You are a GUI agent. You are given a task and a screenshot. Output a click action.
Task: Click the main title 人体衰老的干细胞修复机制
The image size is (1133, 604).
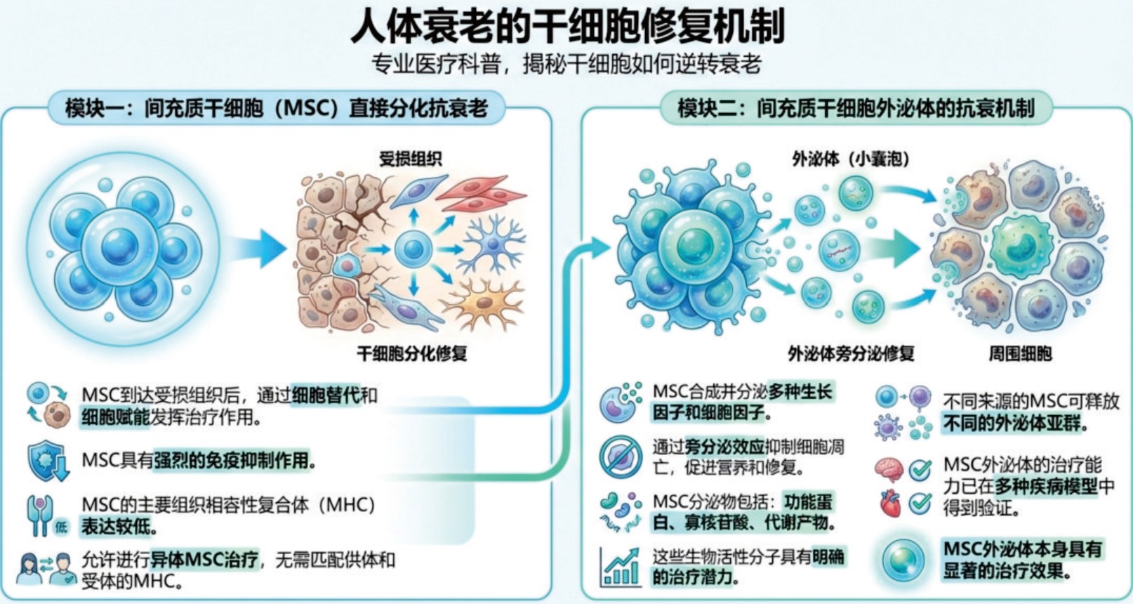tap(567, 26)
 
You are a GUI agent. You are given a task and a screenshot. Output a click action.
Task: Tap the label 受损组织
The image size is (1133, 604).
tap(410, 159)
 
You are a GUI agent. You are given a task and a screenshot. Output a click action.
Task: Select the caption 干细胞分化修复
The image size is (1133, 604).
tap(412, 353)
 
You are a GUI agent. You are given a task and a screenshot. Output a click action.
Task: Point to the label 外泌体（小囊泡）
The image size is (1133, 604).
tap(851, 159)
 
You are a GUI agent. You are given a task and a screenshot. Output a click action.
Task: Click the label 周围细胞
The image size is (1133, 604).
tap(1021, 353)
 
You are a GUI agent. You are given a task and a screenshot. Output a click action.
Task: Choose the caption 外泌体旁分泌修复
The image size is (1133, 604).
tap(852, 353)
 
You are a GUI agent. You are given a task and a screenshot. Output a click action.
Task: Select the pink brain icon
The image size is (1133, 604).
tap(889, 470)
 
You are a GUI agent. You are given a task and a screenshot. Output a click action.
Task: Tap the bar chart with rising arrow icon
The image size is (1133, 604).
tap(620, 567)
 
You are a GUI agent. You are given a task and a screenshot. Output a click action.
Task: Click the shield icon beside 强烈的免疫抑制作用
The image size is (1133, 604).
tap(48, 460)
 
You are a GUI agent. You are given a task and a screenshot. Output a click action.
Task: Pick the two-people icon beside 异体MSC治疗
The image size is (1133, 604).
tap(46, 569)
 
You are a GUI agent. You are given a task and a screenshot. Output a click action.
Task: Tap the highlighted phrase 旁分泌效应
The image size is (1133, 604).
tap(724, 447)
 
